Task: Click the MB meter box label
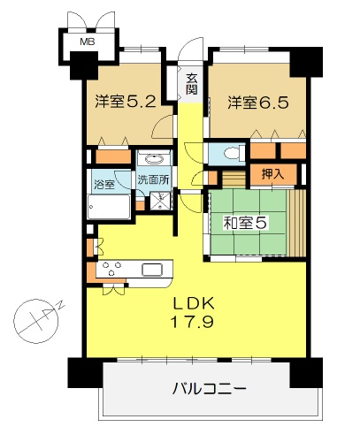point(88,42)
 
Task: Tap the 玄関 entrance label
point(192,83)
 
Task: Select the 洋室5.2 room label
point(126,102)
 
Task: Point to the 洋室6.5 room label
point(258,103)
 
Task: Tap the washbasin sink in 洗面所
point(154,159)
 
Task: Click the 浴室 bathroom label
point(104,185)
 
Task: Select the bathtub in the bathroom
point(109,207)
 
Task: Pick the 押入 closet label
point(273,174)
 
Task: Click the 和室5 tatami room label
point(245,223)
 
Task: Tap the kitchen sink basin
point(152,270)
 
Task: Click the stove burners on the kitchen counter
point(111,268)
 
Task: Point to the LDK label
point(194,303)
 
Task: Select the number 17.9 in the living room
point(193,322)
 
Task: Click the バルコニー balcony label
point(209,389)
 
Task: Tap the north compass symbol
point(37,321)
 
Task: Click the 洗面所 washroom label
point(154,179)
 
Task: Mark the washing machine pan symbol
point(161,201)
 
